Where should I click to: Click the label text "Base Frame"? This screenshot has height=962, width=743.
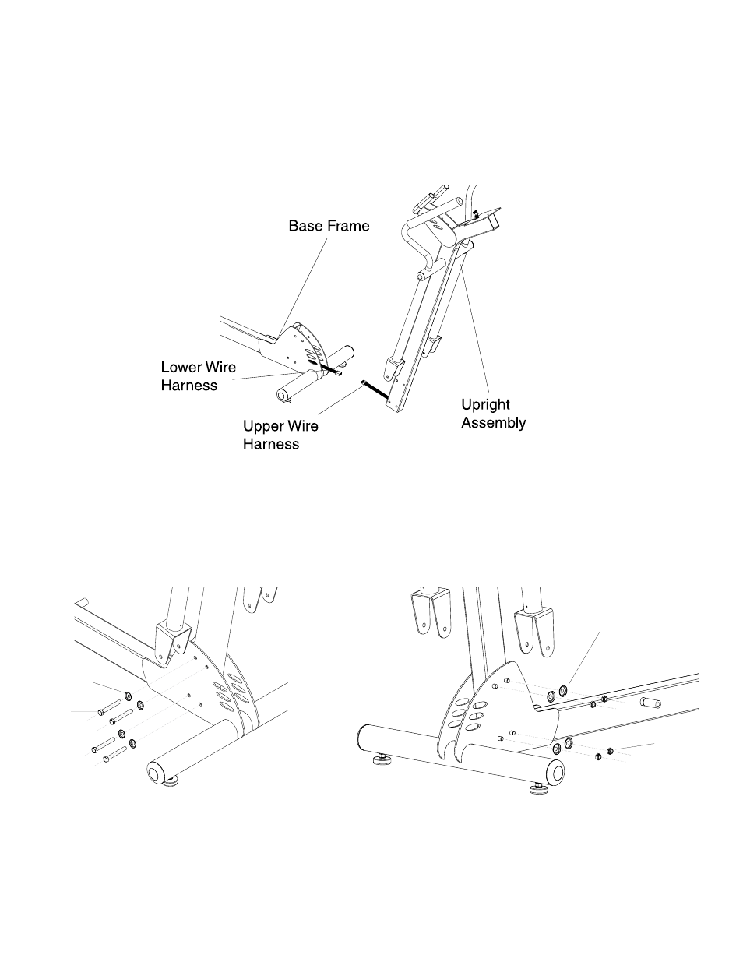pos(329,226)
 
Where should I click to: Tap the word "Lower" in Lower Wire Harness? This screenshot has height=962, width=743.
pos(181,367)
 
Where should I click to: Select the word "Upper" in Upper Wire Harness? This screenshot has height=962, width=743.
pos(263,426)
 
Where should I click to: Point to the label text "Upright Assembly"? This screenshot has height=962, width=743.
pos(493,414)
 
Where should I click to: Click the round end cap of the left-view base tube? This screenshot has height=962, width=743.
pos(156,773)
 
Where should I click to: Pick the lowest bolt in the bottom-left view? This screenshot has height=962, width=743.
pos(114,753)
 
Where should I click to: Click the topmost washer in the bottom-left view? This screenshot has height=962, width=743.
pos(127,693)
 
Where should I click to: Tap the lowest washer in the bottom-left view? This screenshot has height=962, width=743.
pos(133,744)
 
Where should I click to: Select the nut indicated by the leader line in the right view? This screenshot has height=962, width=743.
pos(610,750)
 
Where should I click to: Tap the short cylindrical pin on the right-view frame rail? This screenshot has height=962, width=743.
pos(649,703)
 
